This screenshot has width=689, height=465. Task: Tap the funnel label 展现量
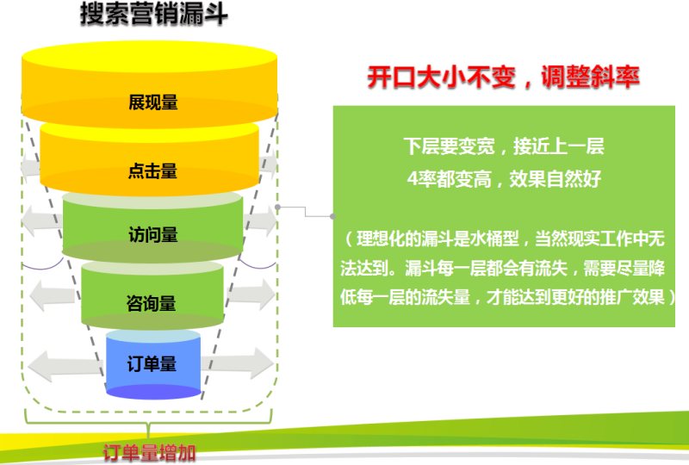coord(152,102)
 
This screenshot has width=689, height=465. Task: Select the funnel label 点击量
coord(152,170)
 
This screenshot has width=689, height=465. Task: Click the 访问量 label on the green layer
coord(152,234)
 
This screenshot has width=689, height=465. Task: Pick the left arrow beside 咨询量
coord(55,297)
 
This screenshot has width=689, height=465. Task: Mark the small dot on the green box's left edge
coord(333,215)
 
